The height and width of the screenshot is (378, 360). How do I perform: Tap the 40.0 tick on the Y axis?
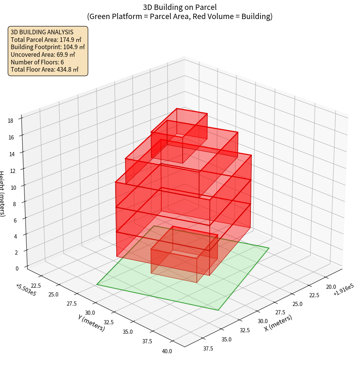167,351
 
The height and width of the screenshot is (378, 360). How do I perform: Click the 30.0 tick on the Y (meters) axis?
90,313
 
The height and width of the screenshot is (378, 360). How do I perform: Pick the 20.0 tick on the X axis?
330,287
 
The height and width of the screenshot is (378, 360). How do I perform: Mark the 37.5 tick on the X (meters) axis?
208,348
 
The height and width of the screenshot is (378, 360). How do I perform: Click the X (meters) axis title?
278,323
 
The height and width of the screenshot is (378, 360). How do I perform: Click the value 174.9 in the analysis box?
67,39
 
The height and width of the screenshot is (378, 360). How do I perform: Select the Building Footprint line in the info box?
48,47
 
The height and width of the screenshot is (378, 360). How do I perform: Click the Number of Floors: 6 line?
37,62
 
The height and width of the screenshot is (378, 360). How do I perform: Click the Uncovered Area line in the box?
45,54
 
